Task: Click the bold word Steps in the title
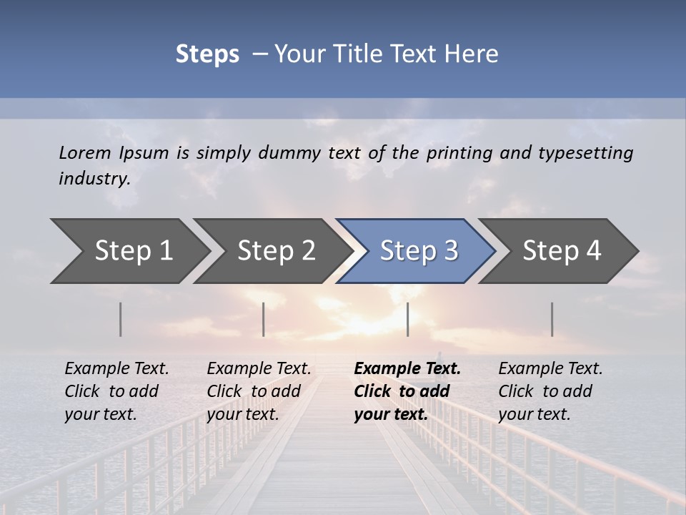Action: point(207,54)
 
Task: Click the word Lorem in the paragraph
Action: point(85,152)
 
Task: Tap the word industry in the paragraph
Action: point(94,178)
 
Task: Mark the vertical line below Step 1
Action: point(121,319)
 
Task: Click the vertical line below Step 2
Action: point(264,319)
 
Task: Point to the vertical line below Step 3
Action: point(407,319)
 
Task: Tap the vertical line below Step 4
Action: point(552,319)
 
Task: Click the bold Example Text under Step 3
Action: point(407,369)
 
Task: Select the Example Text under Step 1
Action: point(116,369)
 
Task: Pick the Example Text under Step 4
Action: point(550,369)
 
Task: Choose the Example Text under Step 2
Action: point(259,369)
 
